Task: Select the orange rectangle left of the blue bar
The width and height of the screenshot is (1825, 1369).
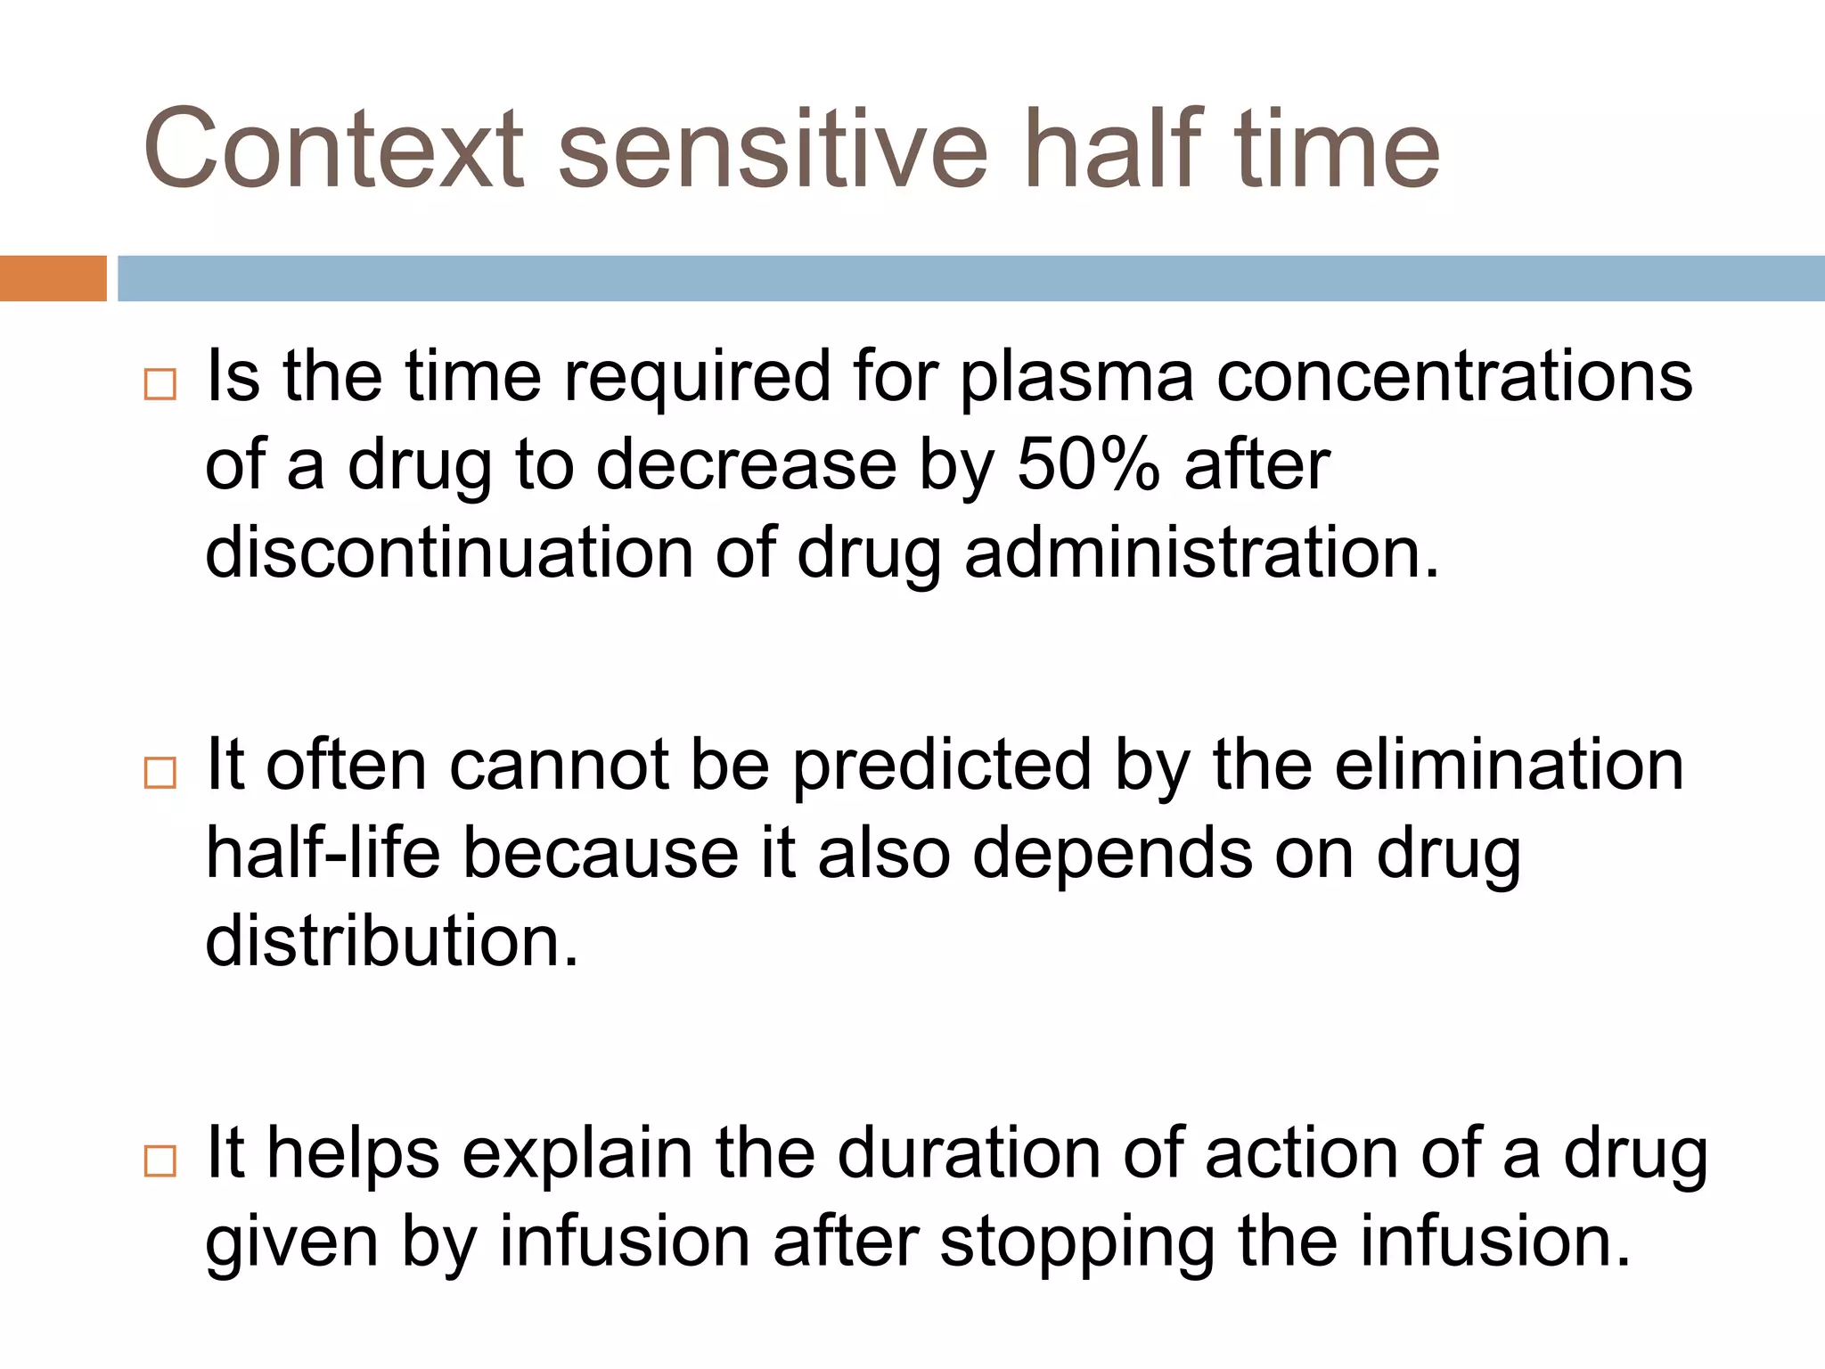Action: [53, 278]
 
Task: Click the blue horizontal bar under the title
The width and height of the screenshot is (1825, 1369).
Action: [970, 278]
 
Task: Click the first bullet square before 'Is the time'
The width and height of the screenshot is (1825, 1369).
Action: [160, 384]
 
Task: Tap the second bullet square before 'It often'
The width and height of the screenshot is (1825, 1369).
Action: [160, 773]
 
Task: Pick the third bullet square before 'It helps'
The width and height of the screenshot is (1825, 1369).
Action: [160, 1161]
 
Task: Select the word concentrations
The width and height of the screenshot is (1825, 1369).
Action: [1454, 377]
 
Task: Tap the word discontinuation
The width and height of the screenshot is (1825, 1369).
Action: [449, 553]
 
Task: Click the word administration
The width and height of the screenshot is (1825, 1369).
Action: [1201, 553]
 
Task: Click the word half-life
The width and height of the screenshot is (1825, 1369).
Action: [323, 853]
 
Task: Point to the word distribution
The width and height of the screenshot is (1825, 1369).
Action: [392, 941]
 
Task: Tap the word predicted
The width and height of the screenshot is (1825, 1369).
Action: [942, 766]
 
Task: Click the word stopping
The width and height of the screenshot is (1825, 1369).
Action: [1078, 1243]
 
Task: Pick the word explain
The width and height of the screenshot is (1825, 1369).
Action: [577, 1155]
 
